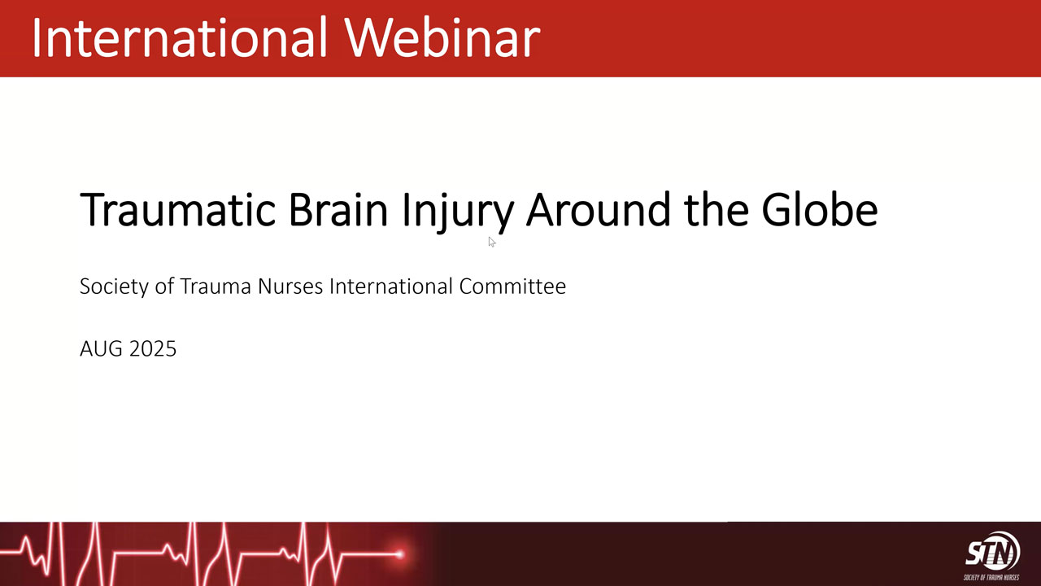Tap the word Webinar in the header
pos(443,37)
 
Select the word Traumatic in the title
pos(178,209)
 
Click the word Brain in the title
pos(338,209)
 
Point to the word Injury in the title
pos(458,212)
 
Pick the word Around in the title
pos(598,209)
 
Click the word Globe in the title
pos(820,209)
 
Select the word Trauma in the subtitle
pos(216,286)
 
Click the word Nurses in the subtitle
pos(290,286)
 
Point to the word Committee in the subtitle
pos(512,286)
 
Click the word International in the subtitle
pos(391,286)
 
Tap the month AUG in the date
pos(102,349)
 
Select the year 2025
pos(153,349)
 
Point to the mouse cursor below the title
pos(492,242)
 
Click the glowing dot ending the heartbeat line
pos(399,554)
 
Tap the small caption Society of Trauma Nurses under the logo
pos(991,578)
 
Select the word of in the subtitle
pos(164,286)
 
